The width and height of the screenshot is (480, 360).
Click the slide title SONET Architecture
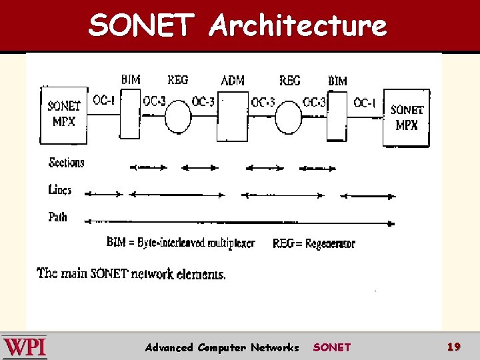238,25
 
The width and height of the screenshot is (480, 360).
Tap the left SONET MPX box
64,115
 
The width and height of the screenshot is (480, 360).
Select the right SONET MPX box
406,118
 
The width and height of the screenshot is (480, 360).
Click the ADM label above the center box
232,81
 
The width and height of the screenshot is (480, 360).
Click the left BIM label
131,80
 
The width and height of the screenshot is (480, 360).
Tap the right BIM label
337,81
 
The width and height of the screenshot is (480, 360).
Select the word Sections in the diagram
67,163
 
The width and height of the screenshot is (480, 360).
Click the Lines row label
60,190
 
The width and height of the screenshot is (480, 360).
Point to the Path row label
58,217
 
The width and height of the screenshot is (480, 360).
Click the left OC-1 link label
104,101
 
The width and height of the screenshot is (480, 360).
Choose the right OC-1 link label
365,103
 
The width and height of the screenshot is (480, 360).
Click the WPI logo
25,347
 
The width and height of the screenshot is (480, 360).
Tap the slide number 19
454,347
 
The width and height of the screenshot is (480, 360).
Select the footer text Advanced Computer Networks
222,347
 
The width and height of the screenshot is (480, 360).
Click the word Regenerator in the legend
330,244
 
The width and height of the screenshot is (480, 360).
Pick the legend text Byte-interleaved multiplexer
196,243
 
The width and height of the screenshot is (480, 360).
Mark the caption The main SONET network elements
131,273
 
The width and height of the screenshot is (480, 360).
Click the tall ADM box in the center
232,117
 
